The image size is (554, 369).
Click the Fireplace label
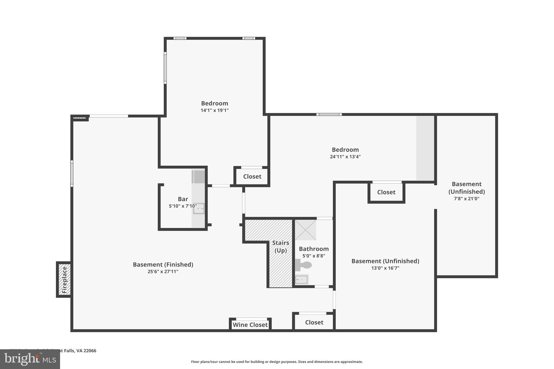(64, 280)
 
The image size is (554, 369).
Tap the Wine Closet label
(250, 325)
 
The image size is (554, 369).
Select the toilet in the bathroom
(304, 265)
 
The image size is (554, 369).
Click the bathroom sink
(301, 280)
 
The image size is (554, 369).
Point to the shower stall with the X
(305, 230)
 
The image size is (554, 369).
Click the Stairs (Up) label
(281, 247)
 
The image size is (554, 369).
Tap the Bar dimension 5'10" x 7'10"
(183, 206)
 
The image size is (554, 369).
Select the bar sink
(199, 209)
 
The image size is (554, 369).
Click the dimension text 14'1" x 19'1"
(215, 110)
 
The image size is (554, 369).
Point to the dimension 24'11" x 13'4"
(345, 157)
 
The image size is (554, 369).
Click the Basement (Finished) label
(163, 264)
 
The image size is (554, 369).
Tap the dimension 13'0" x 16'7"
(385, 268)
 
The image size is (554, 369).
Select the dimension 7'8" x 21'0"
(466, 198)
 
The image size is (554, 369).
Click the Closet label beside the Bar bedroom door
(252, 177)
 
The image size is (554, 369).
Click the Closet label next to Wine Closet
(314, 322)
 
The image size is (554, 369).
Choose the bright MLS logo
(30, 359)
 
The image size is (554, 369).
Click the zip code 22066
(90, 351)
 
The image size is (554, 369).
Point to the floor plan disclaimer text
(277, 362)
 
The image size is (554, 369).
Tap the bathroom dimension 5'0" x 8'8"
(314, 256)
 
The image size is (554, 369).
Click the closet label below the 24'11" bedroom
(386, 192)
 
